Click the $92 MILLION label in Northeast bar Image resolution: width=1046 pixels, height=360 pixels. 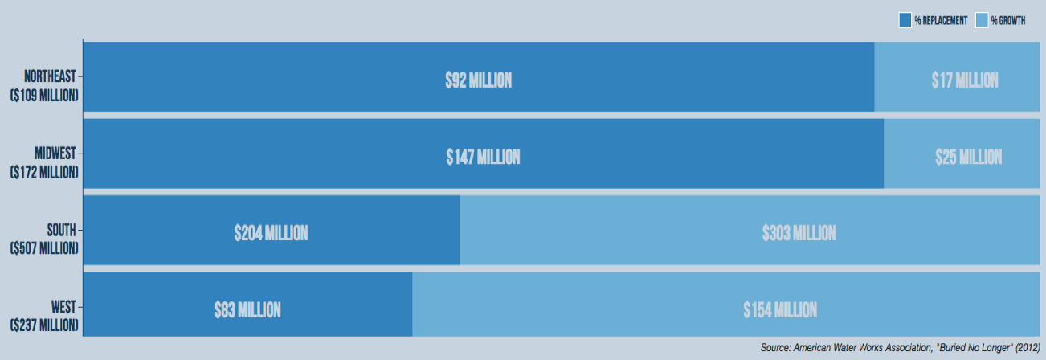[478, 80]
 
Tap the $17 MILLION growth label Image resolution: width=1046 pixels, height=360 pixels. [965, 80]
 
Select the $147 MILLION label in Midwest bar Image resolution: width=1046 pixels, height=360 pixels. [483, 157]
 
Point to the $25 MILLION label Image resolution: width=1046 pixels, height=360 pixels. [968, 157]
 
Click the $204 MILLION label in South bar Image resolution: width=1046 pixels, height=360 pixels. [271, 233]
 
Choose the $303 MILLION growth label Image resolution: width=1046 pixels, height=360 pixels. [799, 233]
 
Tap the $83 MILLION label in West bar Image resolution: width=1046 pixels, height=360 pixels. [247, 309]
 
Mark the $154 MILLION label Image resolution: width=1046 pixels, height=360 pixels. [779, 309]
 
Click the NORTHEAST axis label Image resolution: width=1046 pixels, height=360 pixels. [50, 76]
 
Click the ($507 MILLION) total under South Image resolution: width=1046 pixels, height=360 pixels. [44, 248]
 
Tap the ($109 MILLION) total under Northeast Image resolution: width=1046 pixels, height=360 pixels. [44, 96]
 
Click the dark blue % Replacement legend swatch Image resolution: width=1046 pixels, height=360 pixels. [905, 20]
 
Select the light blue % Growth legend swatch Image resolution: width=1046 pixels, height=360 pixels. [981, 20]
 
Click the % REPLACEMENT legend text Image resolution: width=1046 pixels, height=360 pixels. [940, 20]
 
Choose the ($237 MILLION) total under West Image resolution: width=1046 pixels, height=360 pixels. [44, 325]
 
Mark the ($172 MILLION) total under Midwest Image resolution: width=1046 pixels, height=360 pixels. [44, 172]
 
